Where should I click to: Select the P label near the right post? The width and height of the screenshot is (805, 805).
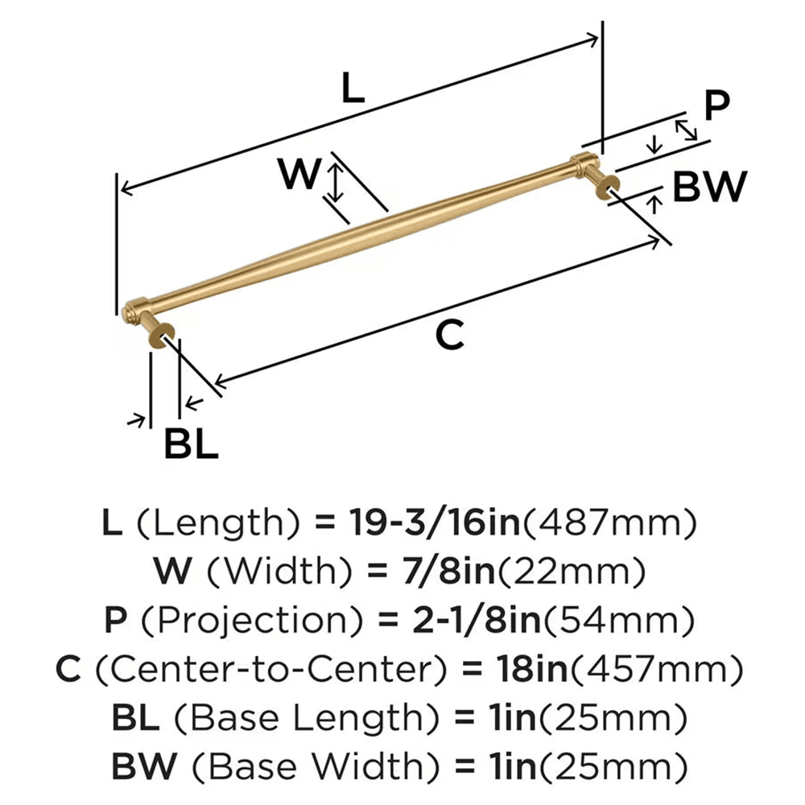click(x=716, y=105)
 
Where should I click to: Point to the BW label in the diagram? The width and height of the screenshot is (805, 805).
click(x=709, y=188)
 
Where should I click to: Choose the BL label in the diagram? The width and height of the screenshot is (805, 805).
click(x=191, y=444)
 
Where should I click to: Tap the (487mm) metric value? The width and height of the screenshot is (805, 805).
click(x=609, y=525)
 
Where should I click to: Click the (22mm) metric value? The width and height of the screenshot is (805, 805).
click(x=597, y=572)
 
